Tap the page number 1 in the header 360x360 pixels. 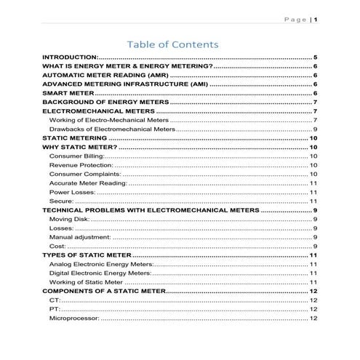(316, 20)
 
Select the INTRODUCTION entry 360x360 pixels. (70, 57)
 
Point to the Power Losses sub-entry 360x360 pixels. (72, 192)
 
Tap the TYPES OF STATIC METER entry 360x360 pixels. (87, 255)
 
